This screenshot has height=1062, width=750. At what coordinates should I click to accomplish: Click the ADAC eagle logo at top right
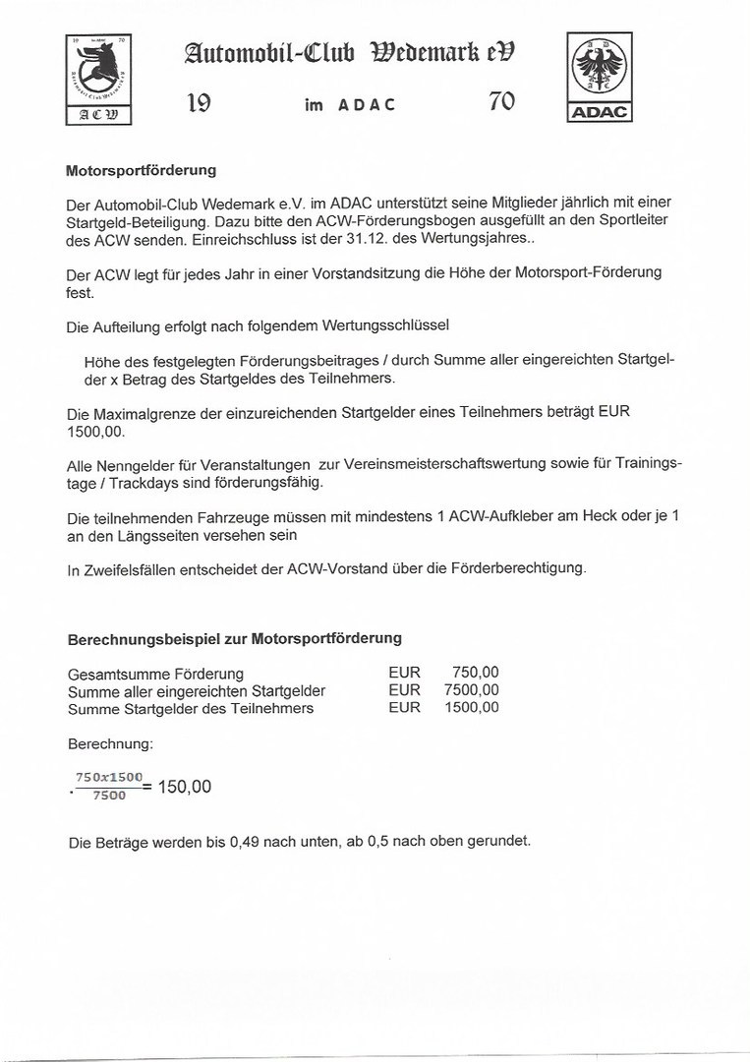pyautogui.click(x=601, y=76)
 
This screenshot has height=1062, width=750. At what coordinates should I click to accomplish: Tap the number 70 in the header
pyautogui.click(x=501, y=102)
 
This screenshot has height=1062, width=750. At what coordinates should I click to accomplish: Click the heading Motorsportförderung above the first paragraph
pyautogui.click(x=141, y=170)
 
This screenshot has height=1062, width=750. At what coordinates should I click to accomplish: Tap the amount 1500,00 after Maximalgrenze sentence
pyautogui.click(x=97, y=432)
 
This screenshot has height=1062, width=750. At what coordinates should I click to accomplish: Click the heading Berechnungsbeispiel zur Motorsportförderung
pyautogui.click(x=234, y=638)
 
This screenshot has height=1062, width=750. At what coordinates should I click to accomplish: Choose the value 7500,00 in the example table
pyautogui.click(x=472, y=690)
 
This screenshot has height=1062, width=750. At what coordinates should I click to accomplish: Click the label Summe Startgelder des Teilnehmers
pyautogui.click(x=191, y=708)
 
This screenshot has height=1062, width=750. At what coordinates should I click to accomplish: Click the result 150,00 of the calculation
pyautogui.click(x=184, y=787)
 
